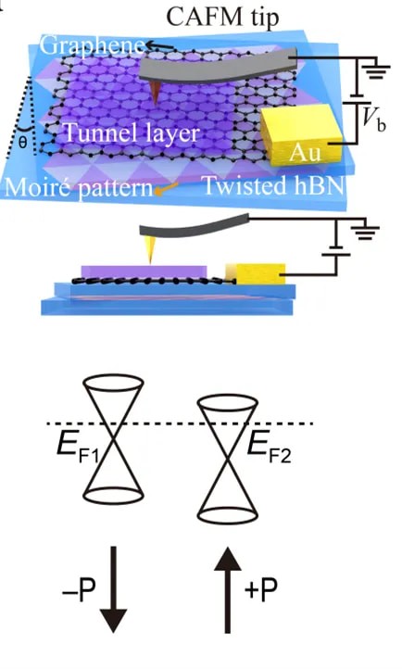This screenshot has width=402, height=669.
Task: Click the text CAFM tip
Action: pos(222,18)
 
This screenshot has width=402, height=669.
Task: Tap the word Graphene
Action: pos(92,45)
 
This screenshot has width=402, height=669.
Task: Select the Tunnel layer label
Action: pos(131,133)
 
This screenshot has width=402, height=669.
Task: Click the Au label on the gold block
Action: pos(305,152)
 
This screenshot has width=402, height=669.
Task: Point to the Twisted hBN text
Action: pos(274,184)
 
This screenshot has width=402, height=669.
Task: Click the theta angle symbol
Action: pos(22,142)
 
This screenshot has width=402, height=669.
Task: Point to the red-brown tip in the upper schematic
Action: pos(156,93)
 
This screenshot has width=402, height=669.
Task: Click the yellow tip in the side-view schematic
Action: pos(149,249)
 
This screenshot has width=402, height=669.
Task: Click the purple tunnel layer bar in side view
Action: pos(144,271)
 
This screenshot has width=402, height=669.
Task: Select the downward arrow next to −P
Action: pos(113,589)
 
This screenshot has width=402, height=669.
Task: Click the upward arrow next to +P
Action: pos(228,590)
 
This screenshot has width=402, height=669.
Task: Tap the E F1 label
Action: pos(78,448)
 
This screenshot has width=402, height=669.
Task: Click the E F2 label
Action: pos(270,448)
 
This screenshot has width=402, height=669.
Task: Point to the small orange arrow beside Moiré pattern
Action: pos(166,188)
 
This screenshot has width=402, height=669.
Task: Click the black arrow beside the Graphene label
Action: pos(160,45)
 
